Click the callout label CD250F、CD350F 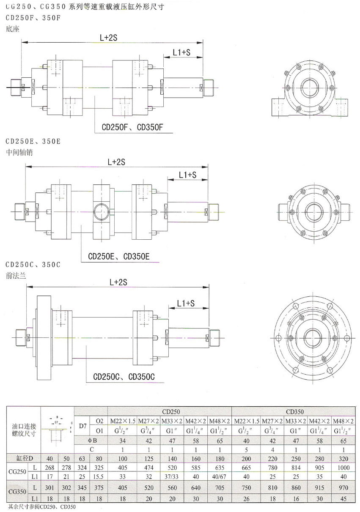132,126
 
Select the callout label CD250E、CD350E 116,256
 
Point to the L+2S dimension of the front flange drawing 118,281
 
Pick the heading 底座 13,29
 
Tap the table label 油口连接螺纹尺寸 24,430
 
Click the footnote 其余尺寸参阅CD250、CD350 41,506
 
